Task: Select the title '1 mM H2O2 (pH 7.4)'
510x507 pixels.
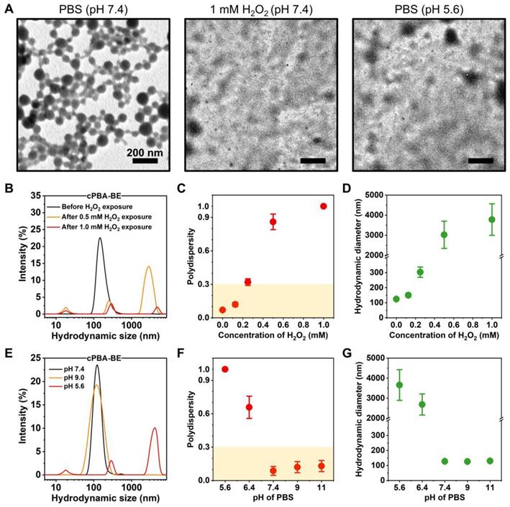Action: point(255,8)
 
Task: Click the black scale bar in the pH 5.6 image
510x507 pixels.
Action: point(481,160)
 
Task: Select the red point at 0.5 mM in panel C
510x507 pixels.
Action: point(273,222)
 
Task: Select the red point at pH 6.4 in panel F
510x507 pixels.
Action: point(249,407)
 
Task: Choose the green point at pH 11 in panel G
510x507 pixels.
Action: point(490,461)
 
